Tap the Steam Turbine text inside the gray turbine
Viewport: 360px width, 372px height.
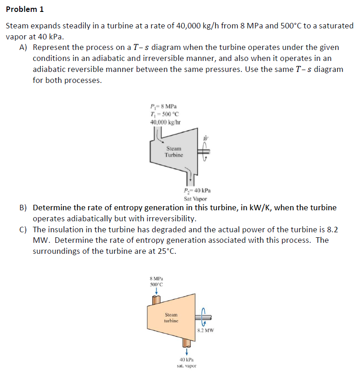click(174, 152)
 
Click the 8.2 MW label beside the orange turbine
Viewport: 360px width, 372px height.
click(205, 330)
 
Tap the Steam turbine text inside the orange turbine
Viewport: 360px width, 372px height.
click(171, 318)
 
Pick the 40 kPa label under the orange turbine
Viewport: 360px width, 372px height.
click(187, 360)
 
